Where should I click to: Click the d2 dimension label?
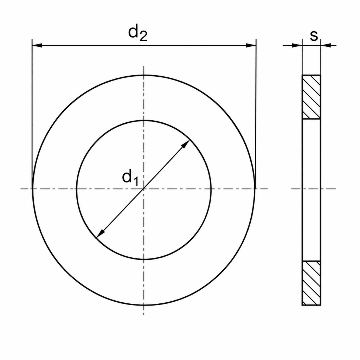point(138,33)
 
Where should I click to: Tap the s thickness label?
point(314,36)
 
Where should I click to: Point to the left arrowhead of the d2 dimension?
point(37,45)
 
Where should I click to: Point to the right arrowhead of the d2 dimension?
point(251,45)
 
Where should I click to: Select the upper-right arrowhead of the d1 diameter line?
point(186,144)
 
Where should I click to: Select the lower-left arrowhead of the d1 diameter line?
point(100,234)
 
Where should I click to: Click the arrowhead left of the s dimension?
point(297,45)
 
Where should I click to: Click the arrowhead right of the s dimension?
point(326,45)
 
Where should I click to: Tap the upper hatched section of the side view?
point(311,97)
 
